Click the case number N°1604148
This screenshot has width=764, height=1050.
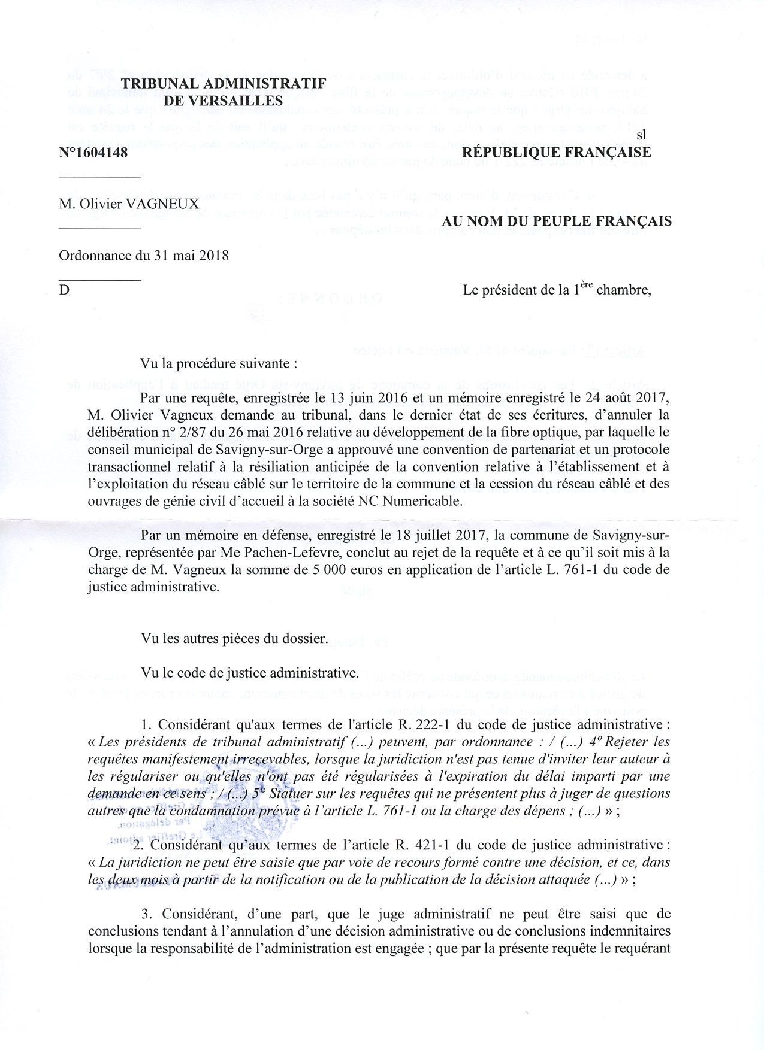[x=93, y=153]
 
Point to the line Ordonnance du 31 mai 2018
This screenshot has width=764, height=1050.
[x=144, y=256]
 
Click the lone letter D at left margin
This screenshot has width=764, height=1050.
[x=64, y=290]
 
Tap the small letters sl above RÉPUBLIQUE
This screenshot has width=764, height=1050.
[x=641, y=135]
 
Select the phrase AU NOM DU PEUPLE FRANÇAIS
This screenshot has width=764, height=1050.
[x=557, y=221]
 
